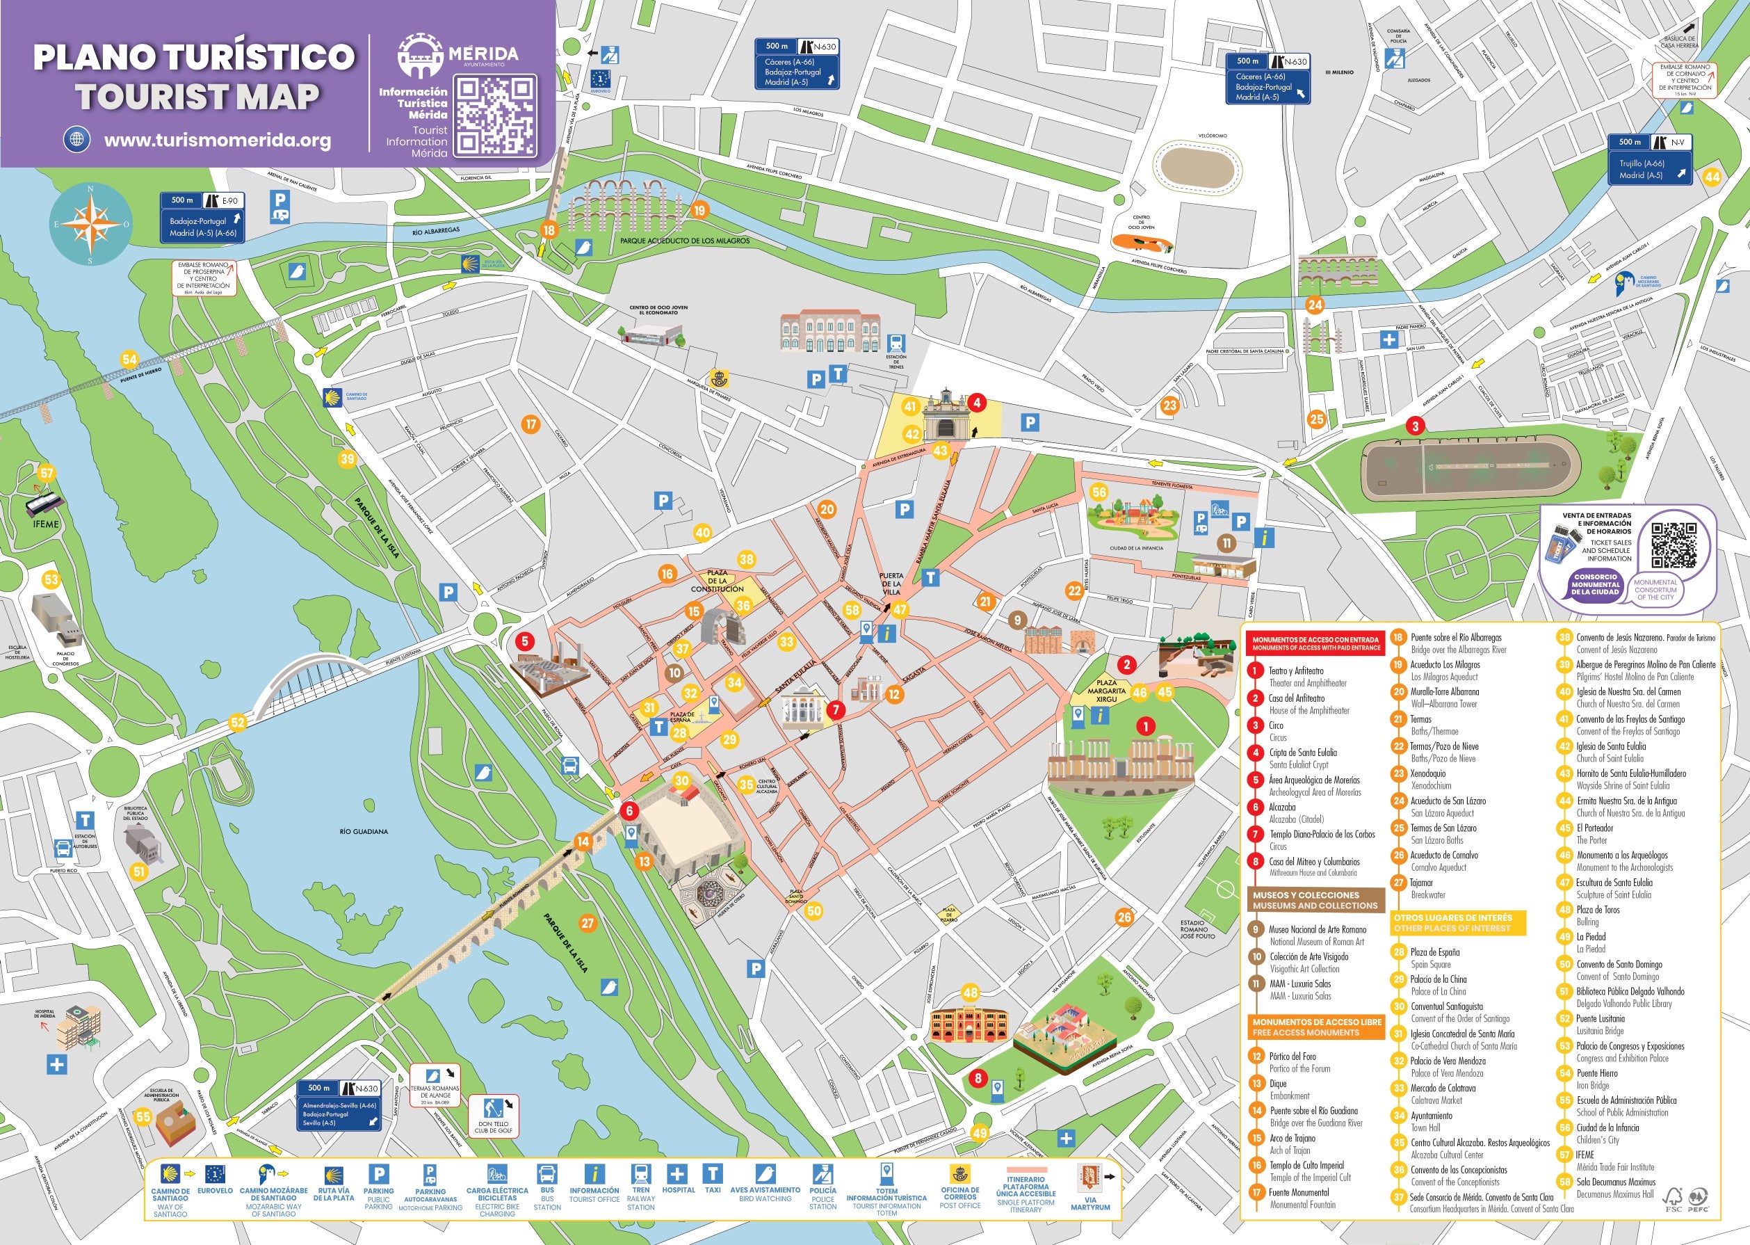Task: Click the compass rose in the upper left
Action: (90, 225)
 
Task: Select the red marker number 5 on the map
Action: (524, 641)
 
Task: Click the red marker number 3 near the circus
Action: (1415, 426)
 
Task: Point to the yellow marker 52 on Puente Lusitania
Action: (238, 721)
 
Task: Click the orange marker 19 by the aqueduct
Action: (699, 210)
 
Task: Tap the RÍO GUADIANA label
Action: (363, 831)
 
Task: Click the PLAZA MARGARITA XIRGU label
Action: (1105, 691)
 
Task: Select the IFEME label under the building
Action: (46, 524)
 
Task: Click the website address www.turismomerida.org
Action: (218, 140)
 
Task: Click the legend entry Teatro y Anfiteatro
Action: (1296, 670)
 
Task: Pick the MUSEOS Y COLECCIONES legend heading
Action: (1315, 900)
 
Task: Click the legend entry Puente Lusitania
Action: (1600, 1019)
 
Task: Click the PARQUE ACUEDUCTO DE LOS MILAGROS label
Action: (684, 241)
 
